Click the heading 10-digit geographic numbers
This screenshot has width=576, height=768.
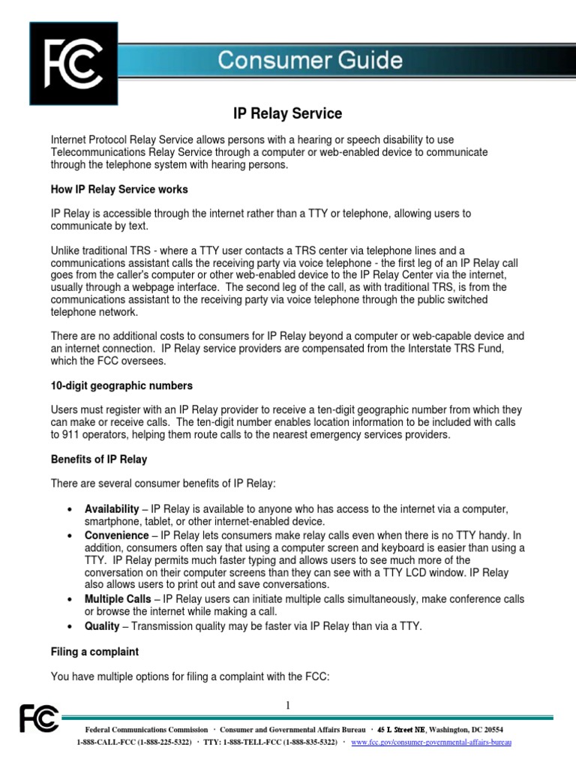point(121,385)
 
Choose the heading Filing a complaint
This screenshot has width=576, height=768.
point(94,652)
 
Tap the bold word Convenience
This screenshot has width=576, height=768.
point(116,535)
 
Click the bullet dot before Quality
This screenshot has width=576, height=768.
point(70,625)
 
